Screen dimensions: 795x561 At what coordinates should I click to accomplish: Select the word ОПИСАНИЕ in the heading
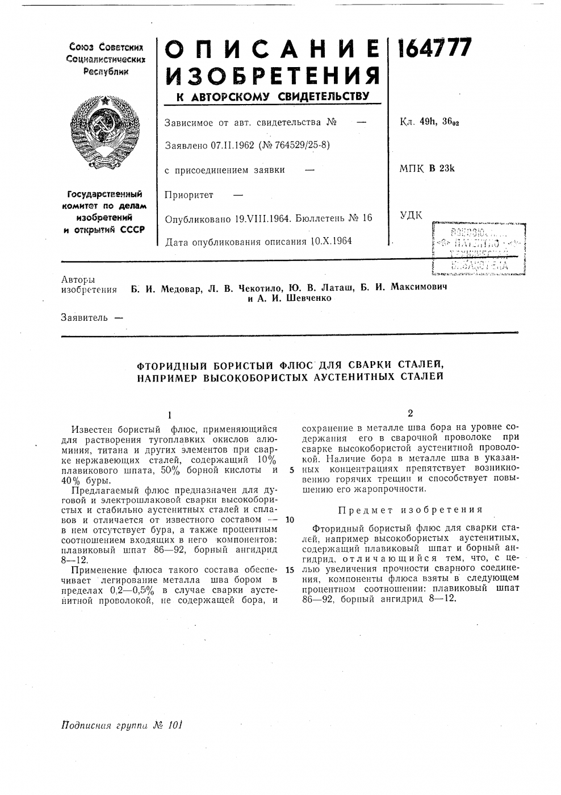pyautogui.click(x=271, y=51)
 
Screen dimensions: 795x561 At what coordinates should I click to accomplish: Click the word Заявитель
pyautogui.click(x=83, y=317)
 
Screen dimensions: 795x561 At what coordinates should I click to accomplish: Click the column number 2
pyautogui.click(x=409, y=413)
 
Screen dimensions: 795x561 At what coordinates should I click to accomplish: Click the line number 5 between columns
pyautogui.click(x=291, y=470)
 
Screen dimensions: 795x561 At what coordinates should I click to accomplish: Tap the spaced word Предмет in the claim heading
pyautogui.click(x=363, y=510)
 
